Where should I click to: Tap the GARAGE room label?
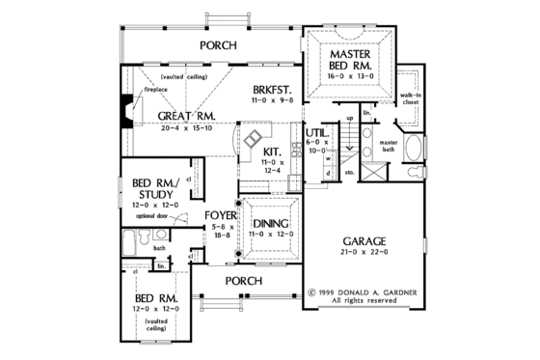364,239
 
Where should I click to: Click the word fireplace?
156,89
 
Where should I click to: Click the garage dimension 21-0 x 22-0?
364,253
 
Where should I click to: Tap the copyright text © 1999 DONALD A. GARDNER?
365,291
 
